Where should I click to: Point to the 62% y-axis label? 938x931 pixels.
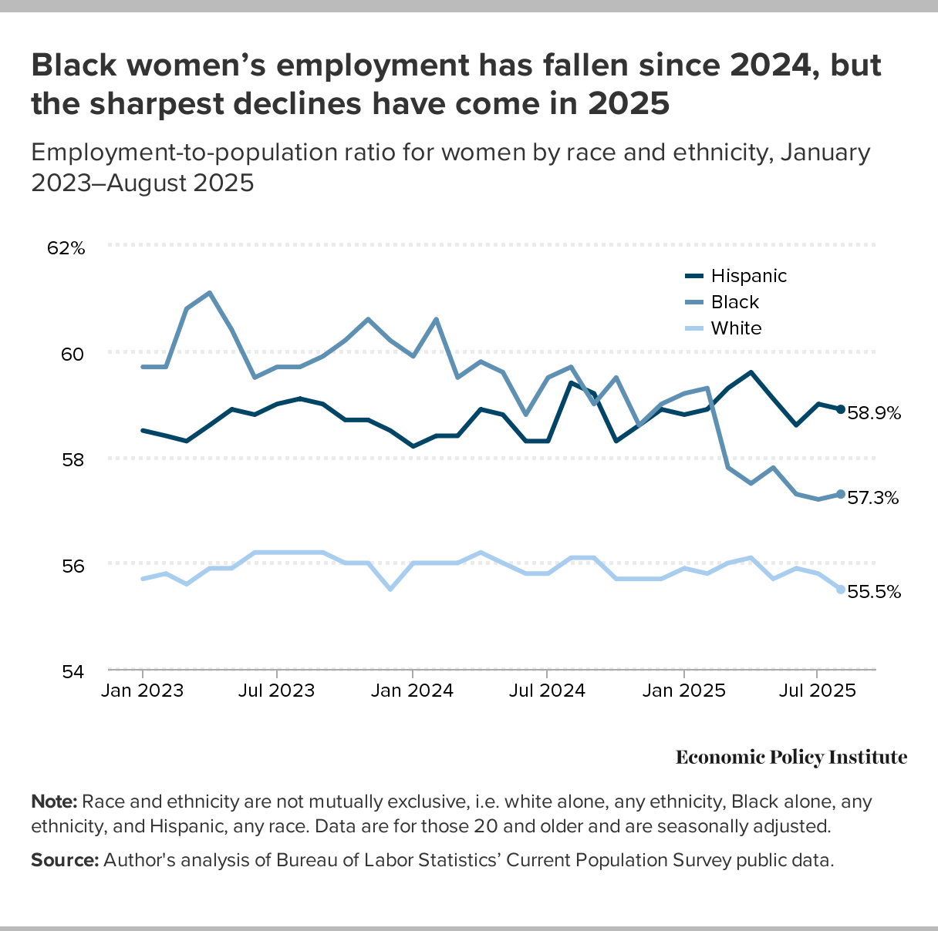pos(66,248)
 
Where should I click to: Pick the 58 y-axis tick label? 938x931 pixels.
pos(73,459)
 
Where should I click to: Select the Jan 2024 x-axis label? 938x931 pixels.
pos(413,690)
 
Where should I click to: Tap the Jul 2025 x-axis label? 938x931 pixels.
pos(817,690)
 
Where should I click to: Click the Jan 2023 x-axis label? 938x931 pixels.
pos(143,690)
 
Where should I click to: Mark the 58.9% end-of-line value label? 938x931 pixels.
pos(874,413)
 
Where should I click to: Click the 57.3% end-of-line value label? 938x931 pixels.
pos(873,498)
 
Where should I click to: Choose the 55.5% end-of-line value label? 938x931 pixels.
pos(874,592)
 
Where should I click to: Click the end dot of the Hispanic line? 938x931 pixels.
pos(840,409)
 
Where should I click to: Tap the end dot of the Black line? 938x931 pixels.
pos(840,494)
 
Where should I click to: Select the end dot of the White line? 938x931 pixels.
pos(840,590)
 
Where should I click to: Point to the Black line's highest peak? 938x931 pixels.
pos(210,293)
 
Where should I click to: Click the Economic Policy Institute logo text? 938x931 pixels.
pos(791,758)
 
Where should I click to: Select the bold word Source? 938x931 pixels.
pos(64,860)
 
